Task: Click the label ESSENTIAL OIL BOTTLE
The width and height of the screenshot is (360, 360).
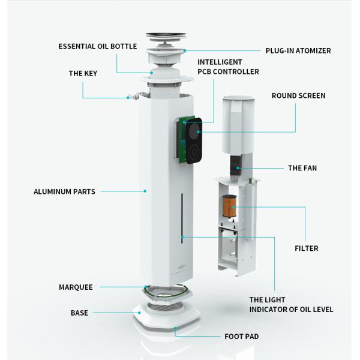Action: pos(98,46)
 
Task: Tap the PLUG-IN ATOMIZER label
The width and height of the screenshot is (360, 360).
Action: pos(298,51)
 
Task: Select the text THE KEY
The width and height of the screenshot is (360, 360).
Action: pos(83,73)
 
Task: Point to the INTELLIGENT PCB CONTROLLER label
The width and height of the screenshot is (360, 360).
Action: pos(228,67)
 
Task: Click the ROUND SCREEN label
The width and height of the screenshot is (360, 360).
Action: pos(298,96)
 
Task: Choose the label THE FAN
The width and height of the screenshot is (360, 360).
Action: pos(302,168)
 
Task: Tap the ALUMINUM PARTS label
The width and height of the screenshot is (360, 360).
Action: pos(64,191)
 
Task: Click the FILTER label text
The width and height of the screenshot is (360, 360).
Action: pos(307,248)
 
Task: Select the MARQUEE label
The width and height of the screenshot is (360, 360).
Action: pos(76,287)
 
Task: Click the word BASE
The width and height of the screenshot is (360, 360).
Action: pos(79,313)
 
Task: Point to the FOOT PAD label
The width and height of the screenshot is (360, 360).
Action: pos(242,337)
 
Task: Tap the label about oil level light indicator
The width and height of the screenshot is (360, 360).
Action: pos(291,305)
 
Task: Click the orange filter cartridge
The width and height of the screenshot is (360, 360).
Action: pos(229,206)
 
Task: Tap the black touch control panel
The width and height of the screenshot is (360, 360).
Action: pos(194,141)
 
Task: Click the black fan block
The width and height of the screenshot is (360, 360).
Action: pos(236,166)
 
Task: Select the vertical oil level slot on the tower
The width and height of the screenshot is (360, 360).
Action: pos(182,218)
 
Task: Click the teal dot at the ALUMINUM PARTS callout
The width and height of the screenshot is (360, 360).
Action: pos(145,191)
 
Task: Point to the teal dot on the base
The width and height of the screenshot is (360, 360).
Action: pos(139,313)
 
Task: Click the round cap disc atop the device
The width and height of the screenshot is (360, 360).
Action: pos(166,35)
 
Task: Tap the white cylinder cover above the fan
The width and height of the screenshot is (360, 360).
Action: pos(238,125)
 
